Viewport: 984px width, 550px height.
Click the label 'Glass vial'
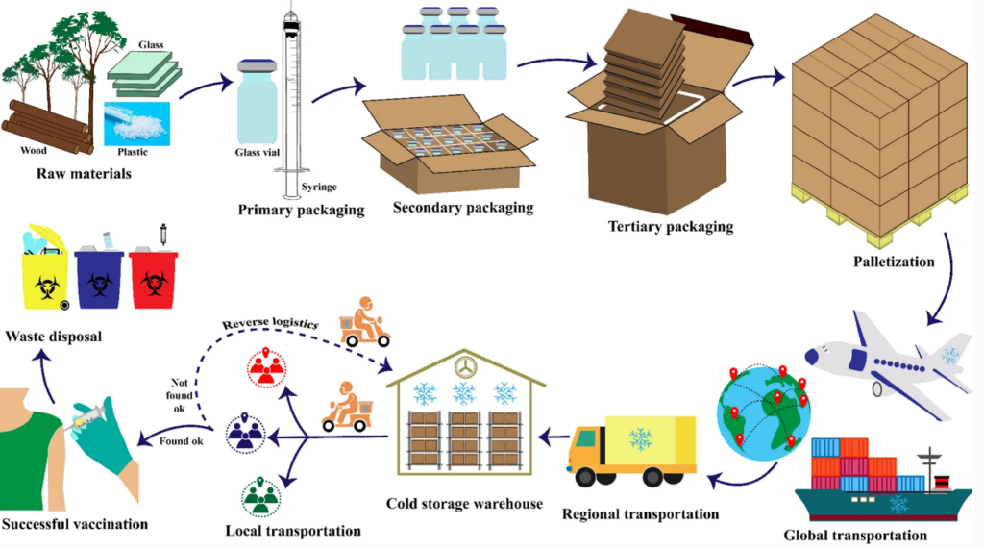point(259,152)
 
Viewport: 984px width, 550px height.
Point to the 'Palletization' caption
point(893,261)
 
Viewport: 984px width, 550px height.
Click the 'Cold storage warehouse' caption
point(464,504)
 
